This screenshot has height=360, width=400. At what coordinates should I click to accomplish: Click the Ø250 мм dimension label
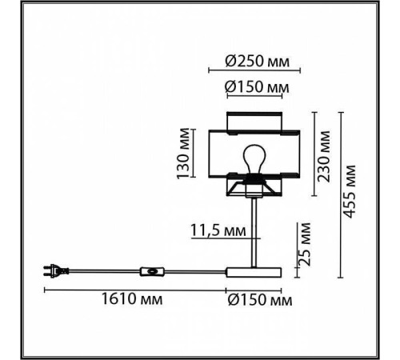click(x=257, y=62)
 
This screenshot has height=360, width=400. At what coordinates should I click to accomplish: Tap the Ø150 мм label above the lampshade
click(x=257, y=87)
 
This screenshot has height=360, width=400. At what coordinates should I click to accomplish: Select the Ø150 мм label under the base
click(x=260, y=300)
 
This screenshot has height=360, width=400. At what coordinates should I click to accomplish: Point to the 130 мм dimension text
click(x=183, y=154)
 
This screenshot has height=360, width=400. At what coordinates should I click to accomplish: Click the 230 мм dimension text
click(x=324, y=156)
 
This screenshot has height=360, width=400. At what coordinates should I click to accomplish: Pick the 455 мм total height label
click(x=350, y=191)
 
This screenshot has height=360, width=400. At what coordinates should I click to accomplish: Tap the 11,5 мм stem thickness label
click(x=218, y=230)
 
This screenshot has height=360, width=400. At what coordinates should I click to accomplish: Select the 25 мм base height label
click(x=305, y=244)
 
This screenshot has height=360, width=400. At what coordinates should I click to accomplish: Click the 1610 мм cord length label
click(x=132, y=299)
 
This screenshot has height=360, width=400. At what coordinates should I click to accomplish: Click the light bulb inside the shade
click(x=254, y=159)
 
